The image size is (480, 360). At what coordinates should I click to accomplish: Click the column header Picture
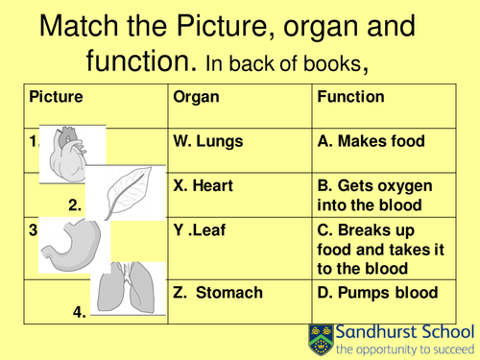(57, 97)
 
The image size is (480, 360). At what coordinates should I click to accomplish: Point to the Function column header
(351, 97)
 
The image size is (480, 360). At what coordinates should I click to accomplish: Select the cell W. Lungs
(208, 141)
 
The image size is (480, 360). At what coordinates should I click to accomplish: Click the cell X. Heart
(204, 185)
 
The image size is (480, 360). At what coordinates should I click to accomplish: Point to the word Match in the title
(85, 26)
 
